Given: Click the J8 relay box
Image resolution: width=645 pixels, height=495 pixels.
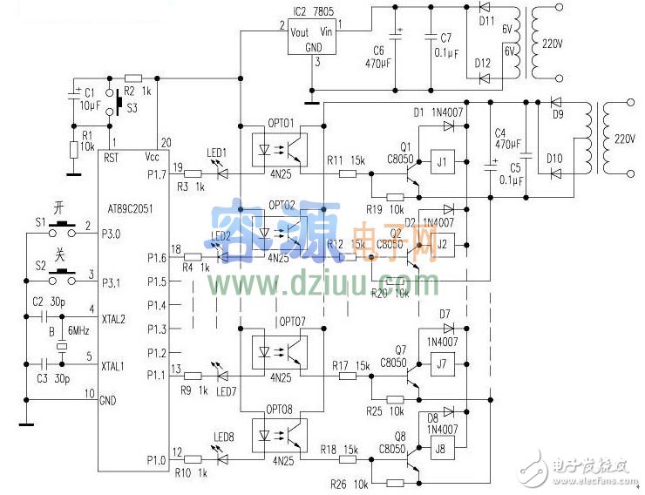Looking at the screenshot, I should click(x=440, y=450).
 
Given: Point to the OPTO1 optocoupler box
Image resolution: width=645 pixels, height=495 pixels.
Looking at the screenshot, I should click(x=279, y=140).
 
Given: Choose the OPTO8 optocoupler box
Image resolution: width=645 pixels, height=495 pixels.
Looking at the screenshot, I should click(x=279, y=432).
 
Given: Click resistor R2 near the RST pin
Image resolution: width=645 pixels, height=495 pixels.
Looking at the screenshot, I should click(x=133, y=78).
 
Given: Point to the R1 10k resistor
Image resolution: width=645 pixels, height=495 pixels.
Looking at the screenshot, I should click(x=75, y=150).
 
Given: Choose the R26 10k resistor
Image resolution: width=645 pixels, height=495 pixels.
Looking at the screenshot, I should click(x=395, y=483).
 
